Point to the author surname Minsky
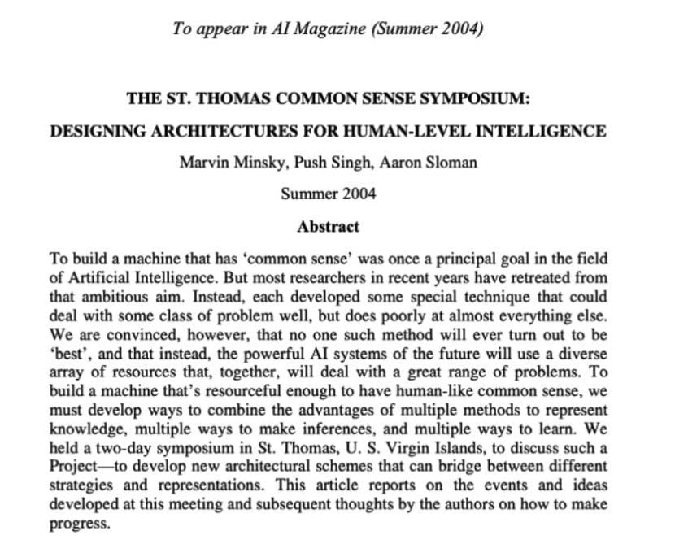point(247,163)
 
